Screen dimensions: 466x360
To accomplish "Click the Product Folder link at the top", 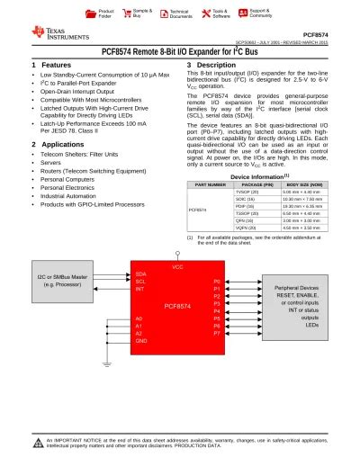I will click(x=105, y=13).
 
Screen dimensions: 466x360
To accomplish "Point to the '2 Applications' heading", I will click(x=58, y=144).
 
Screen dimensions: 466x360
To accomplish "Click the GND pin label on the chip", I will click(x=140, y=342).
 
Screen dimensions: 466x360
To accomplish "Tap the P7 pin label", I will click(x=216, y=333).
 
